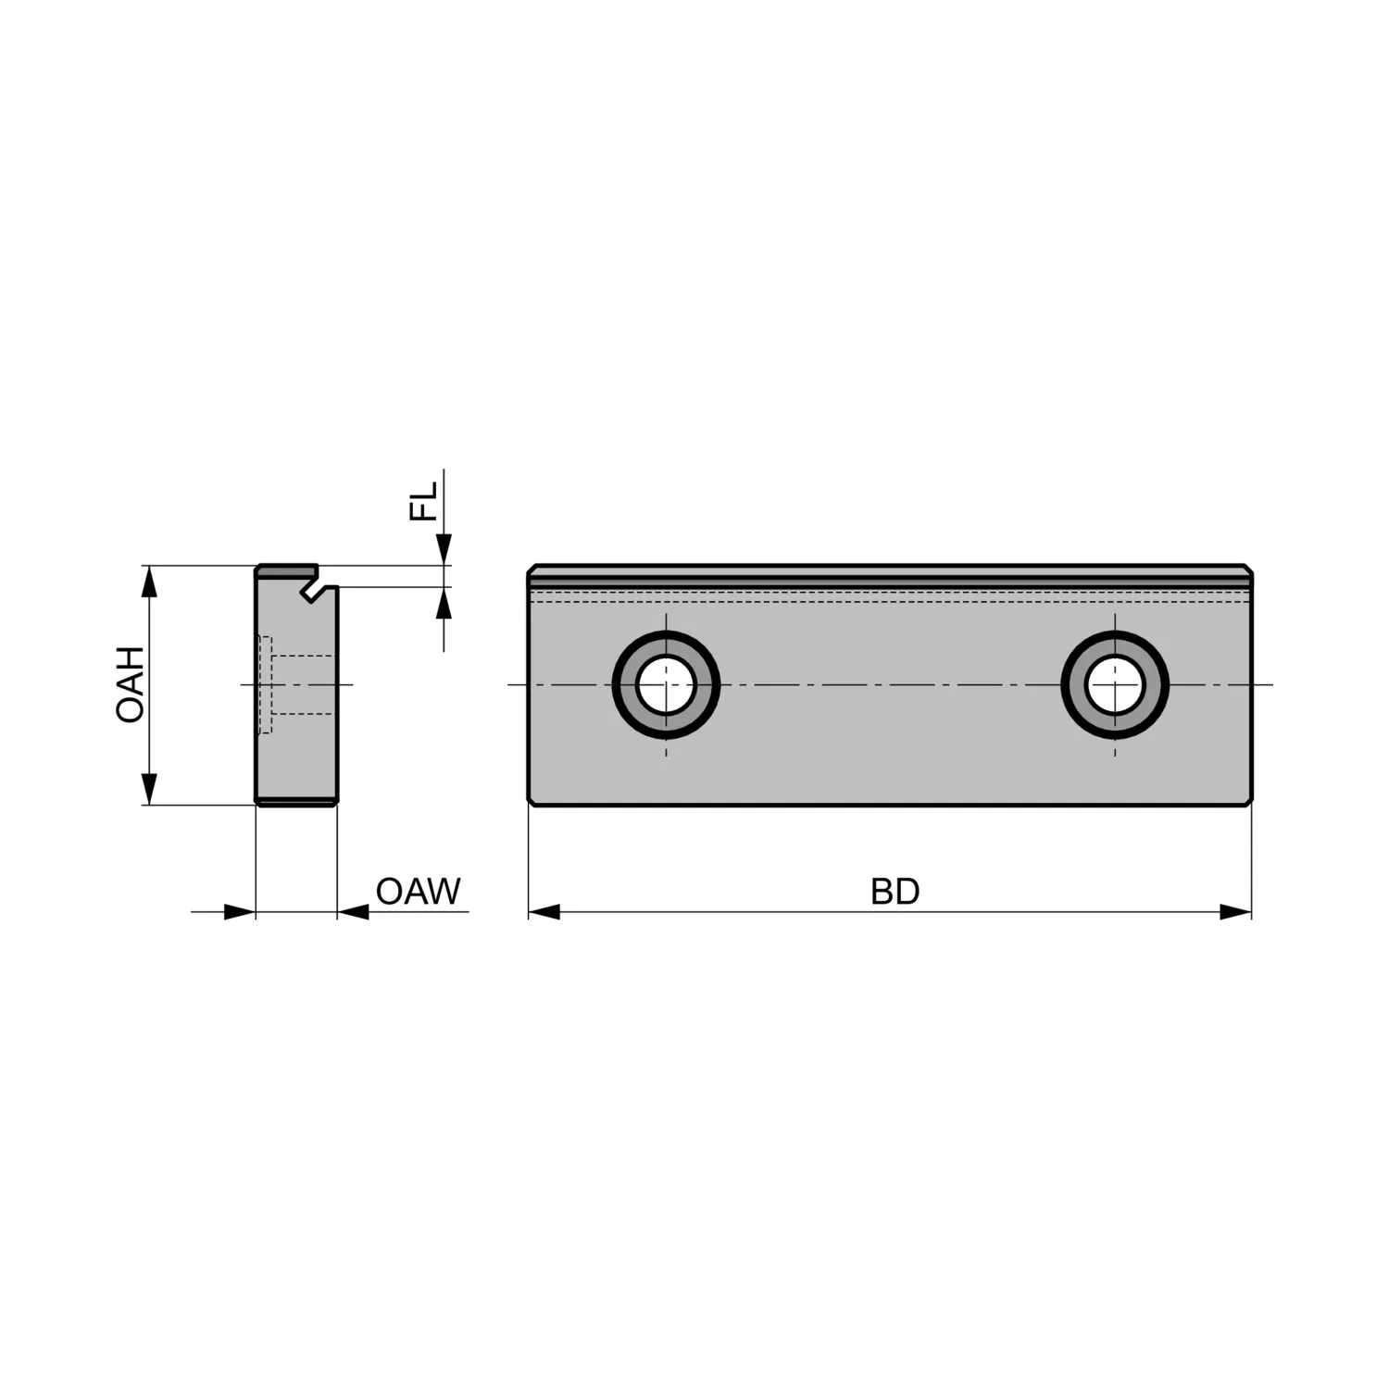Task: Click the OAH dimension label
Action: (131, 684)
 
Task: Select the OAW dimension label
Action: (418, 891)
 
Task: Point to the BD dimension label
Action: (895, 891)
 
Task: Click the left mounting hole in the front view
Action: (666, 684)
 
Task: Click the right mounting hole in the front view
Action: (1115, 684)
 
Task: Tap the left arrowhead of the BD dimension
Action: (544, 912)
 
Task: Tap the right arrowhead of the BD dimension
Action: (1235, 912)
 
